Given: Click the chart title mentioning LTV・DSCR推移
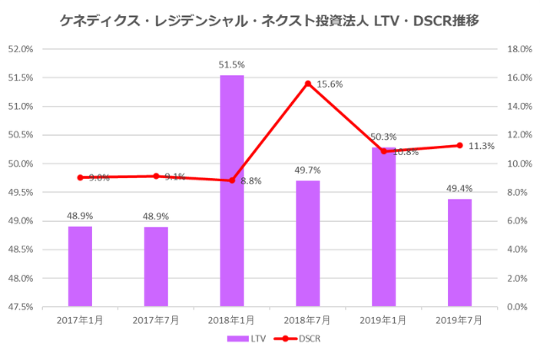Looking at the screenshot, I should (x=270, y=19).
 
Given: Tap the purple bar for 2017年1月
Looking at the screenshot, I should (x=80, y=266).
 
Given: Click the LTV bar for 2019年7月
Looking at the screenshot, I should (x=460, y=252).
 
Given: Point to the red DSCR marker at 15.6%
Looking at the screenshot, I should (x=308, y=83).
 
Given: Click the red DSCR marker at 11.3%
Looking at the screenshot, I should (x=460, y=145).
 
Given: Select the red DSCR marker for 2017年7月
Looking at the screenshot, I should (x=156, y=176).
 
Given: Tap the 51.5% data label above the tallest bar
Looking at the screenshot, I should (x=232, y=65).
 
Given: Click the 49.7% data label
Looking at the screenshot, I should (x=308, y=170).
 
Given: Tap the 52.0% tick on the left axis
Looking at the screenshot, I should (x=21, y=49).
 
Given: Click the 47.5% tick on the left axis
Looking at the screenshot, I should (x=21, y=307).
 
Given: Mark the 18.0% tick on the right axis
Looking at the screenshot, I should (x=516, y=49).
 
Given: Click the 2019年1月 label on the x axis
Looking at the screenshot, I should (x=384, y=320).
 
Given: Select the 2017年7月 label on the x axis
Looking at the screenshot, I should (x=156, y=320).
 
